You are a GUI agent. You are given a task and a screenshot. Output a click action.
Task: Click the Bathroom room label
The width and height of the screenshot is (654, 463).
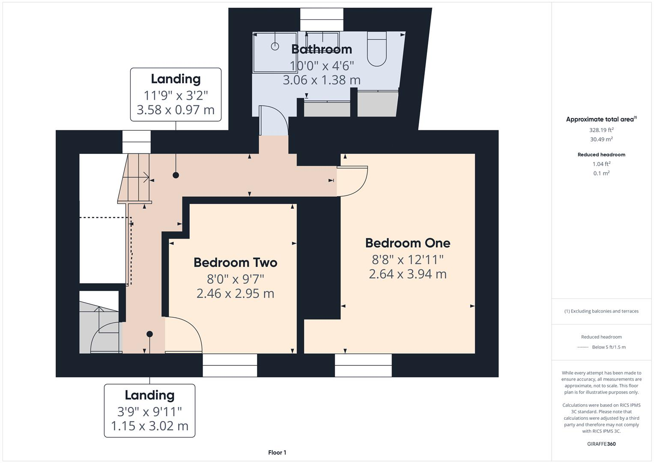click(x=322, y=49)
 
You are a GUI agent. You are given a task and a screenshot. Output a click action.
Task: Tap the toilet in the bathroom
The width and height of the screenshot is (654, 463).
click(x=377, y=49)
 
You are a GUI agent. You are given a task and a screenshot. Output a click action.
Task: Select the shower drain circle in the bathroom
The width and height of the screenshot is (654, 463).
click(x=275, y=46)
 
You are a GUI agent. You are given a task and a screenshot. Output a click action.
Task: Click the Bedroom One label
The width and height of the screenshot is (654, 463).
click(x=407, y=243)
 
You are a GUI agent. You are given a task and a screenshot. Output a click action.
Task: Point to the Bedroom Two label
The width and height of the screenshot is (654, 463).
click(x=235, y=262)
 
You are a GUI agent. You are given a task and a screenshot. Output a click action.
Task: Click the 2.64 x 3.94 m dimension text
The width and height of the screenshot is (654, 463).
click(x=407, y=274)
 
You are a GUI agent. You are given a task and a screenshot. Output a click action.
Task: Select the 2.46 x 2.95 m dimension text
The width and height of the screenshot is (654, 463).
click(x=235, y=294)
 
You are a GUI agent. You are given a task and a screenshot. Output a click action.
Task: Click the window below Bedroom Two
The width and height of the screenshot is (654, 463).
click(x=230, y=365)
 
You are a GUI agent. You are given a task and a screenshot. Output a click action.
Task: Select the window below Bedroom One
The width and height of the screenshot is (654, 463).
click(x=363, y=365)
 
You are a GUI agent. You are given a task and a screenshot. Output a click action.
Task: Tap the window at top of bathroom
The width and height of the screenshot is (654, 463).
click(x=322, y=20)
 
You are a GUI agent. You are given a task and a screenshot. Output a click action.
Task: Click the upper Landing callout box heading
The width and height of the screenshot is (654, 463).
click(x=176, y=79)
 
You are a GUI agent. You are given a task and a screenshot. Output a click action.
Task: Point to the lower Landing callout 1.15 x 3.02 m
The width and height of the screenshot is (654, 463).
click(x=149, y=426)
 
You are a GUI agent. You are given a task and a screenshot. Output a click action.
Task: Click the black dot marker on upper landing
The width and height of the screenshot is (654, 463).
click(x=176, y=175)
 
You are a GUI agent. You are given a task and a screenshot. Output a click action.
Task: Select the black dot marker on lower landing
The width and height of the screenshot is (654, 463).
click(x=149, y=334)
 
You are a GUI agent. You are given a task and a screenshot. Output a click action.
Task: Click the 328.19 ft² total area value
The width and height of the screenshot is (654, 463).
click(x=601, y=130)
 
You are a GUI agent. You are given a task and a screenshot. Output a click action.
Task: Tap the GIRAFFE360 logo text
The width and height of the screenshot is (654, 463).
click(x=601, y=444)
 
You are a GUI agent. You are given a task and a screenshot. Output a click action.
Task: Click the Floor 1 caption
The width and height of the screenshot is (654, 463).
click(x=277, y=452)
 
